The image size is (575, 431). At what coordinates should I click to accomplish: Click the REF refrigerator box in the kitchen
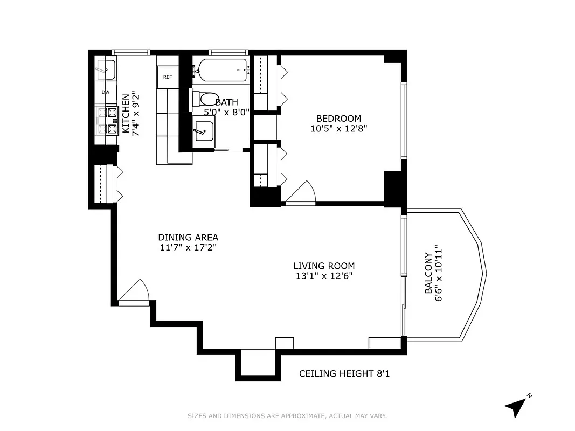(x=168, y=77)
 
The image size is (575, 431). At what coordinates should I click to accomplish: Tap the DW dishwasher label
(x=106, y=92)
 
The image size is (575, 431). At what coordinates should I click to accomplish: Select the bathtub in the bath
(x=221, y=70)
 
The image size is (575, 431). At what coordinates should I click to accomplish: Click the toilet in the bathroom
(x=204, y=100)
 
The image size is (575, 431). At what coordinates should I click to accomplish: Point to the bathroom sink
(x=204, y=131)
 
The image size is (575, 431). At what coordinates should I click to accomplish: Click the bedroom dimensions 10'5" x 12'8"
(x=338, y=129)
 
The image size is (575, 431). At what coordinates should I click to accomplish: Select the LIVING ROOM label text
(x=324, y=266)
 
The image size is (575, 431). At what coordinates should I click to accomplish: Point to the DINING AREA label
(x=188, y=237)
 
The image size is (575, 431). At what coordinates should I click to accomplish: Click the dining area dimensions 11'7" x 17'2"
(x=188, y=247)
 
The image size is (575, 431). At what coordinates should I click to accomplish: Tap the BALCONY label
(x=428, y=273)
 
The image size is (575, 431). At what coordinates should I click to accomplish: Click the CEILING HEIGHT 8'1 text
(x=344, y=373)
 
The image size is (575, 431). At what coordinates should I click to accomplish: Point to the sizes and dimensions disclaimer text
(x=287, y=416)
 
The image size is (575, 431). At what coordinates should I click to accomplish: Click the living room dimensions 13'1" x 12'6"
(x=324, y=276)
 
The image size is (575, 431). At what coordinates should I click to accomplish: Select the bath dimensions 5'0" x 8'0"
(x=226, y=113)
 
